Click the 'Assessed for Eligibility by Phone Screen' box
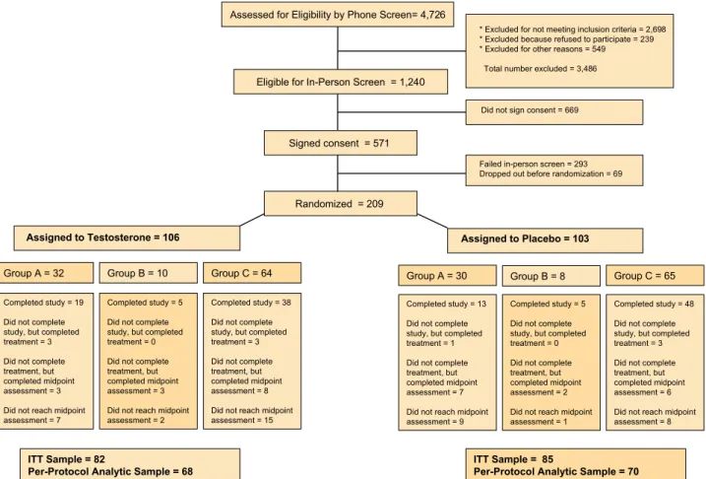pos(337,15)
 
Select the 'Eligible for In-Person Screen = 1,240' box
pos(341,82)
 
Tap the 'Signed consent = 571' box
pos(341,143)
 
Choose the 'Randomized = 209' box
pos(341,204)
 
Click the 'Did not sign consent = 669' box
pos(554,112)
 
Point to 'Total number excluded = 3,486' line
pos(541,69)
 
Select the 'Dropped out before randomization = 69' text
pos(550,173)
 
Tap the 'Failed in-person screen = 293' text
pos(533,164)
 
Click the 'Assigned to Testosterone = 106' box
pos(127,238)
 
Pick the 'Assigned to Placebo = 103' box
pos(546,240)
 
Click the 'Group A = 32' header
pos(46,273)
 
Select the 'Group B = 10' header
pos(148,273)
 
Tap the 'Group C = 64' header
pos(252,273)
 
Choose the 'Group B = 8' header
pos(551,276)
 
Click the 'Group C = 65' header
pos(655,276)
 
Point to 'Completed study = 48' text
pos(654,305)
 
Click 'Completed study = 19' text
pos(43,303)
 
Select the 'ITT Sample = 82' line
pos(66,459)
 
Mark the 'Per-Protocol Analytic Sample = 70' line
pos(556,472)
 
